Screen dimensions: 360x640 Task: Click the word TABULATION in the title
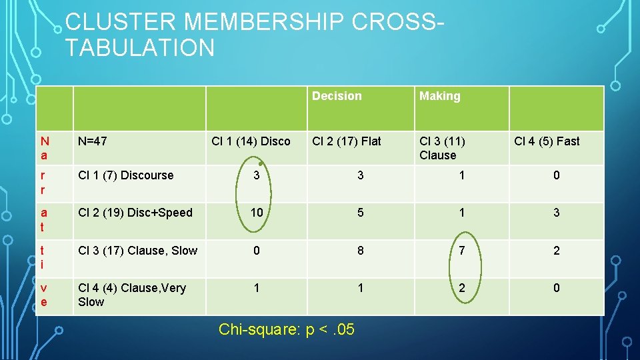pos(140,48)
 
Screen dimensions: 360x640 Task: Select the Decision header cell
pos(337,96)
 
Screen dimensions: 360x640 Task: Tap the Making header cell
pos(439,96)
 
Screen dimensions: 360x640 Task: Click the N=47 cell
pos(93,141)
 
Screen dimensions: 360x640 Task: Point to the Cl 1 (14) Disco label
pos(251,141)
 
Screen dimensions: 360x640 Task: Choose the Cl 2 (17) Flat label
pos(347,141)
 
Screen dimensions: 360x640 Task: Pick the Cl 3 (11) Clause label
pos(442,148)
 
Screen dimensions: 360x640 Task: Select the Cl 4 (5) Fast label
pos(547,141)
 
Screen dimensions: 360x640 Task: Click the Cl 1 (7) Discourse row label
pos(125,175)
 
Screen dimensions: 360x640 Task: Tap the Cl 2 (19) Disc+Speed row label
pos(135,213)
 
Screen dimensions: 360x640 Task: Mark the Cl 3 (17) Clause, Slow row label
pos(137,251)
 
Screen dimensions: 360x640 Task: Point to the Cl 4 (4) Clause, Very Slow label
pos(131,295)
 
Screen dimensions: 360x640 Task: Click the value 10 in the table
pos(257,213)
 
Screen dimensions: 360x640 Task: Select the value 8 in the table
pos(361,251)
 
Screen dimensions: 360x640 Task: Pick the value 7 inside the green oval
pos(462,251)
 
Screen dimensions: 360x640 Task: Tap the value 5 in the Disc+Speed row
pos(361,213)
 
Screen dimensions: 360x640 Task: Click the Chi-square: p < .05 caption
pos(287,329)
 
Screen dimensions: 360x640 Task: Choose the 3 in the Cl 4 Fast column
pos(557,213)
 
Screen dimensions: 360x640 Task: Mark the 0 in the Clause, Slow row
pos(257,251)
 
